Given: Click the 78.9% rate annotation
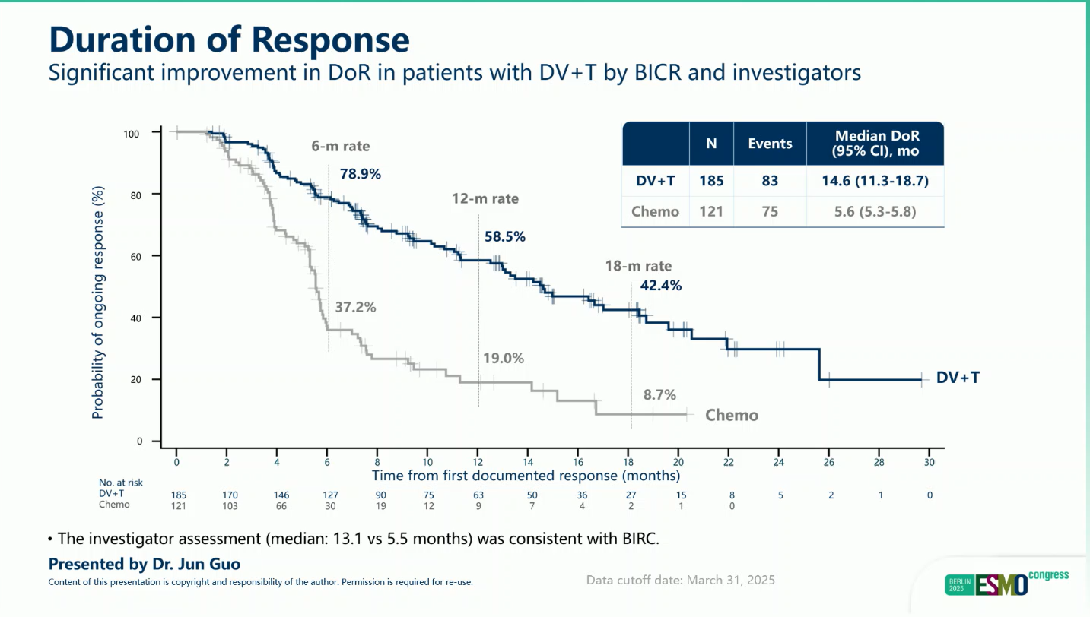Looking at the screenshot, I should (x=360, y=173).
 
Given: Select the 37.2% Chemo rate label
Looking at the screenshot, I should (x=355, y=308).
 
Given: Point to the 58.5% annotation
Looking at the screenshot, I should (x=505, y=236).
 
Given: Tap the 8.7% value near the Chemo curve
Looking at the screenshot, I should (x=659, y=394).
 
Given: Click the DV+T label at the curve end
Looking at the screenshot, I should (x=958, y=378).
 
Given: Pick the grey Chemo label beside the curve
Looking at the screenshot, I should (x=732, y=415).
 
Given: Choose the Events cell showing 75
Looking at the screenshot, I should (x=770, y=211).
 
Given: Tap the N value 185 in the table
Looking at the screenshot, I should (x=711, y=181).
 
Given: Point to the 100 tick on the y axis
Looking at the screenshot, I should (x=132, y=134).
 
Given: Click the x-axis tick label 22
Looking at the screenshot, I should (x=729, y=462).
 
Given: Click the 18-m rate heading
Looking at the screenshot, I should (x=638, y=266).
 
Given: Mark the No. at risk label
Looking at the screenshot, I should (x=121, y=483).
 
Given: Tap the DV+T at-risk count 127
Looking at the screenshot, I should (x=327, y=495).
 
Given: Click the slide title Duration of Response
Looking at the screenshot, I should (x=229, y=40).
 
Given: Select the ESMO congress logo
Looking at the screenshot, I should (x=1006, y=583).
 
